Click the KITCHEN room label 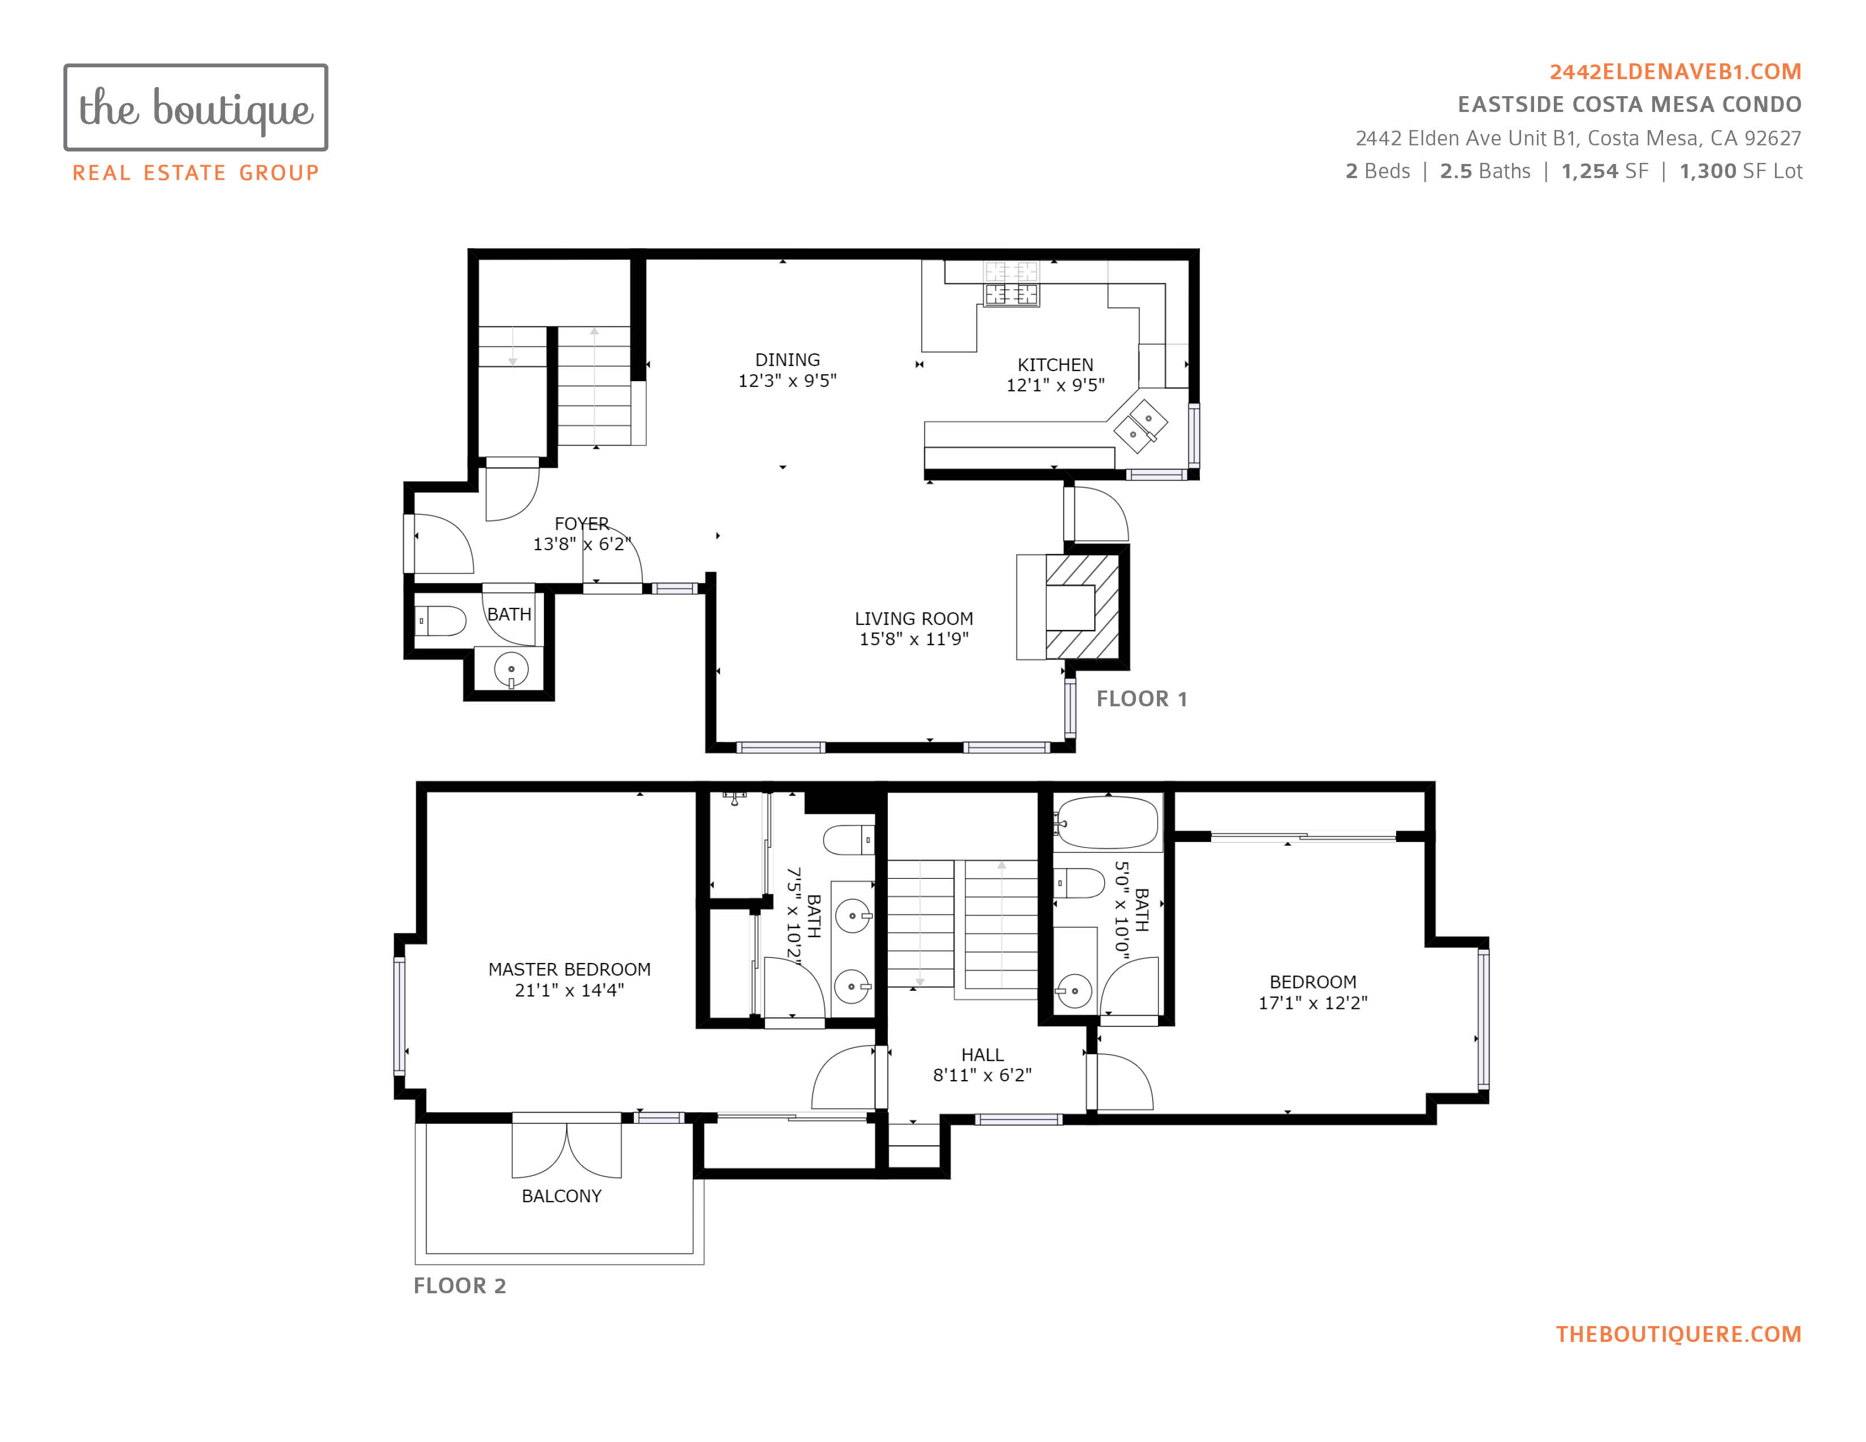(x=1055, y=365)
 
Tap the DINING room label (x=787, y=360)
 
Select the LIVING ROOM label (x=913, y=619)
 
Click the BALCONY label (x=561, y=1196)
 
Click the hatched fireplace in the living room (x=1082, y=607)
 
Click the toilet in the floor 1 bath (x=440, y=621)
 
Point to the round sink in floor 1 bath (x=511, y=670)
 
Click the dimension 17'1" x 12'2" (x=1312, y=1003)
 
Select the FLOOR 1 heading (x=1142, y=699)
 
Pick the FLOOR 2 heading (x=460, y=1286)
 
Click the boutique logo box (x=196, y=107)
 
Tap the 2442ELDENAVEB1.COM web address (x=1675, y=72)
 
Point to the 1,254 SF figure (x=1605, y=171)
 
